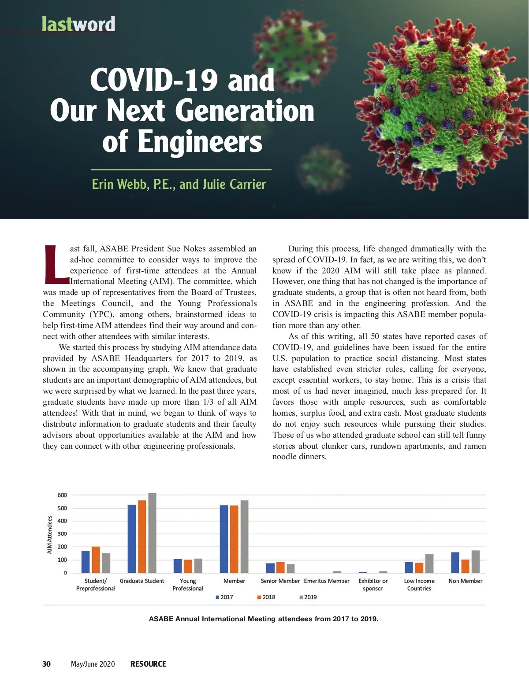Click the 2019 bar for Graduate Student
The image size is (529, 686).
pyautogui.click(x=152, y=533)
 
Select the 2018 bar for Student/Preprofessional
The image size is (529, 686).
pyautogui.click(x=96, y=560)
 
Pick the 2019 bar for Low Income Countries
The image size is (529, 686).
pyautogui.click(x=429, y=564)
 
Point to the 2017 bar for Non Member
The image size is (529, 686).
pyautogui.click(x=455, y=562)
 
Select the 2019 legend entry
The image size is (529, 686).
pyautogui.click(x=308, y=597)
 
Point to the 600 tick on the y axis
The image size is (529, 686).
pyautogui.click(x=62, y=495)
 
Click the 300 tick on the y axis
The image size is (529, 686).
pyautogui.click(x=62, y=534)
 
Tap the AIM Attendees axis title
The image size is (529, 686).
pyautogui.click(x=50, y=535)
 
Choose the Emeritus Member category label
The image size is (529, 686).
pyautogui.click(x=327, y=581)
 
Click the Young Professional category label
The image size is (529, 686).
pyautogui.click(x=188, y=585)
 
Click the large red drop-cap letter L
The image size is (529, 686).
pyautogui.click(x=56, y=264)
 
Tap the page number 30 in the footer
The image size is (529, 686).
pyautogui.click(x=46, y=664)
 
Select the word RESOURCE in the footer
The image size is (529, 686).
pyautogui.click(x=148, y=664)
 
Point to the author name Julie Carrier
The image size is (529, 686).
pyautogui.click(x=234, y=184)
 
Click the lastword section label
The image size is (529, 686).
pyautogui.click(x=78, y=24)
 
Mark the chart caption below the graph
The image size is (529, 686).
pyautogui.click(x=264, y=619)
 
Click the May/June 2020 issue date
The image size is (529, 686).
pyautogui.click(x=93, y=664)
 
